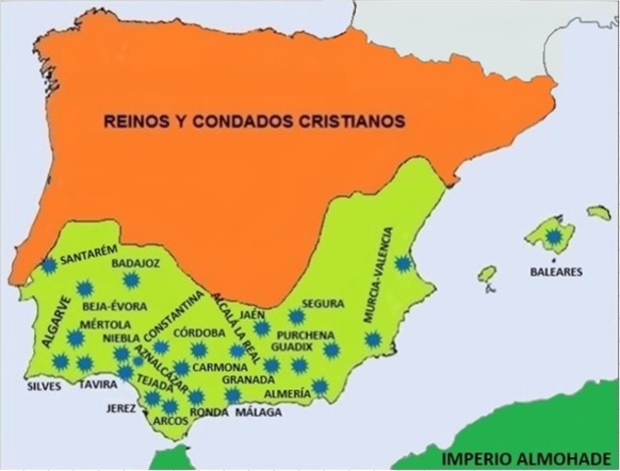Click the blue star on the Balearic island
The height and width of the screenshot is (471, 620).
tap(556, 236)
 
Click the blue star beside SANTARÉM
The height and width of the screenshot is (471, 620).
tap(48, 264)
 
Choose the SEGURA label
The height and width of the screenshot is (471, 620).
tap(322, 303)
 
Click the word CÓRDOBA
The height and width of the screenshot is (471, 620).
tap(200, 332)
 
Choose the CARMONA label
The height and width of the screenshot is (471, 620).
tap(219, 366)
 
